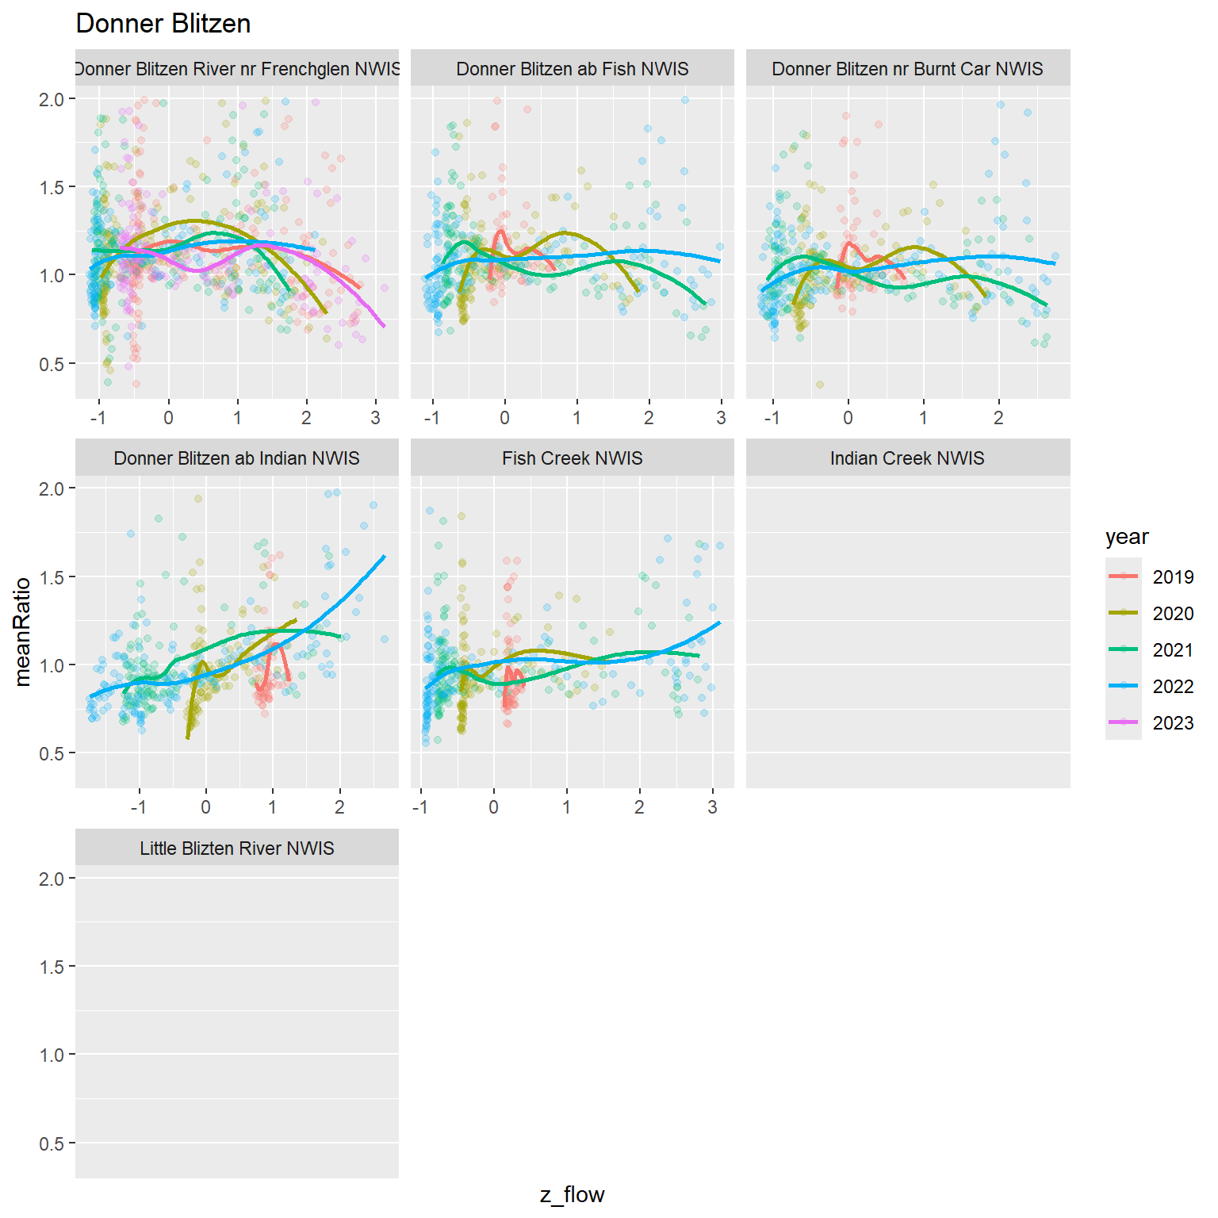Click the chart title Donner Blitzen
(x=163, y=24)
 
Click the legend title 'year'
(x=1126, y=537)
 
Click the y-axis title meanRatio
(x=23, y=631)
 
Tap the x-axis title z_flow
(x=573, y=1195)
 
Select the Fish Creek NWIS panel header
(x=573, y=458)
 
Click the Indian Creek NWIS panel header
(x=907, y=458)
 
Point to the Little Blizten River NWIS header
(x=237, y=848)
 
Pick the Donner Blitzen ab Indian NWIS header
(x=237, y=458)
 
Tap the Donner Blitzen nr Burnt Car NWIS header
(x=907, y=69)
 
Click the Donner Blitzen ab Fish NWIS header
(x=573, y=69)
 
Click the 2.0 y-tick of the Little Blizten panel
(x=52, y=879)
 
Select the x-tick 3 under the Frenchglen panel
(x=376, y=418)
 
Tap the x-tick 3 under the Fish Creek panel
(x=712, y=807)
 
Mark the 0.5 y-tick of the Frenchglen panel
(x=52, y=364)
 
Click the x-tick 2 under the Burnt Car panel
(x=998, y=418)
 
